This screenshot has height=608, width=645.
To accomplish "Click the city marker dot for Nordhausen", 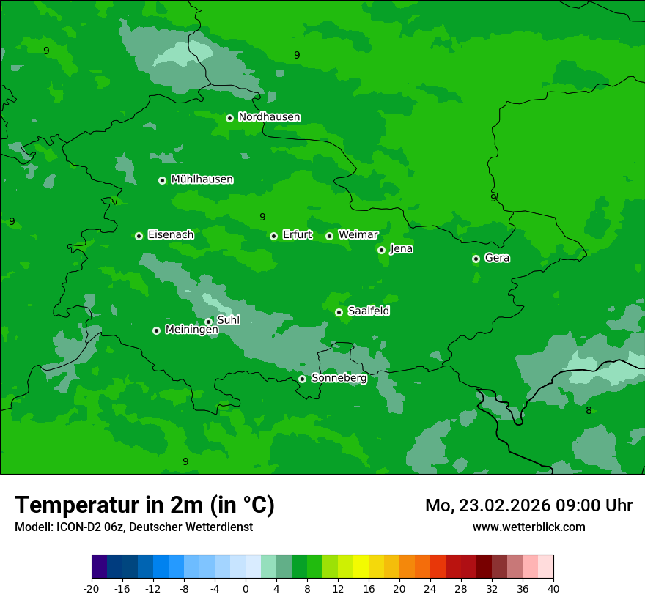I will tap(229, 118).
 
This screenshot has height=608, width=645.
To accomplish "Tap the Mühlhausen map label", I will tap(202, 179).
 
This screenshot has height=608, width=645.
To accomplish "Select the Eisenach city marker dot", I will tap(139, 236).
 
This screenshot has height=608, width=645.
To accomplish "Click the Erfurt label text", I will tap(297, 235).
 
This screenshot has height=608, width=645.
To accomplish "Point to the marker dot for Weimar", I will tap(329, 236).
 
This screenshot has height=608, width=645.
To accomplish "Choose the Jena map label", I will tap(401, 249).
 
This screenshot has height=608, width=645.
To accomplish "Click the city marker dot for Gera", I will tap(476, 259).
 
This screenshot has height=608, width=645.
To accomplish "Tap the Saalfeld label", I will tap(368, 311).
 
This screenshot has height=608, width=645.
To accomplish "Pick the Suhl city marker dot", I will tap(208, 322).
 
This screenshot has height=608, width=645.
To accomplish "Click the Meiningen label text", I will tap(191, 330).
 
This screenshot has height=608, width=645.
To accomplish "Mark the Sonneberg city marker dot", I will tap(302, 379).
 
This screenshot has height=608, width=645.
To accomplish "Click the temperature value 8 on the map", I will tap(589, 411).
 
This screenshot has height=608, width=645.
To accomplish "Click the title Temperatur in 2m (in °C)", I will tap(144, 505).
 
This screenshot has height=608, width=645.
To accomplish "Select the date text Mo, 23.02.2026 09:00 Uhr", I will tap(528, 505).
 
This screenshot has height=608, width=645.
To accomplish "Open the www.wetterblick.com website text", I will tap(528, 527).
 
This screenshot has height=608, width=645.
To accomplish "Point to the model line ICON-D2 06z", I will tap(133, 527).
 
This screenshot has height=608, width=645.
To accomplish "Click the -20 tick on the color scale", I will tap(92, 589).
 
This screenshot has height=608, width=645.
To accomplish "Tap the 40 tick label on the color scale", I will tap(553, 589).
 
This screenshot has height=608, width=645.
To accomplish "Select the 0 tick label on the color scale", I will tap(246, 589).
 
